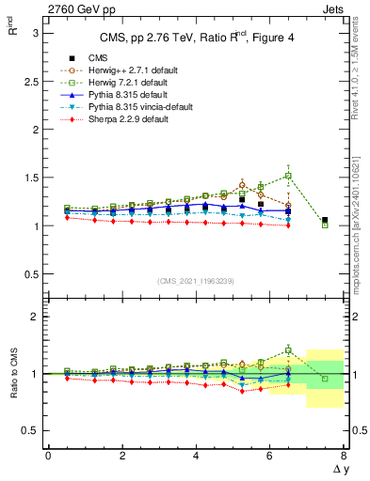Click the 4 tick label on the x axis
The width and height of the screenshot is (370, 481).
[x=196, y=455]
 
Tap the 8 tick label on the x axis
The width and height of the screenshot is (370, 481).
[x=343, y=455]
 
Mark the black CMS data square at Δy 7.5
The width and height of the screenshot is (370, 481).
[x=325, y=221]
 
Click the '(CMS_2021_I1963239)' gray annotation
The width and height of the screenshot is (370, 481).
[x=196, y=281]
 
